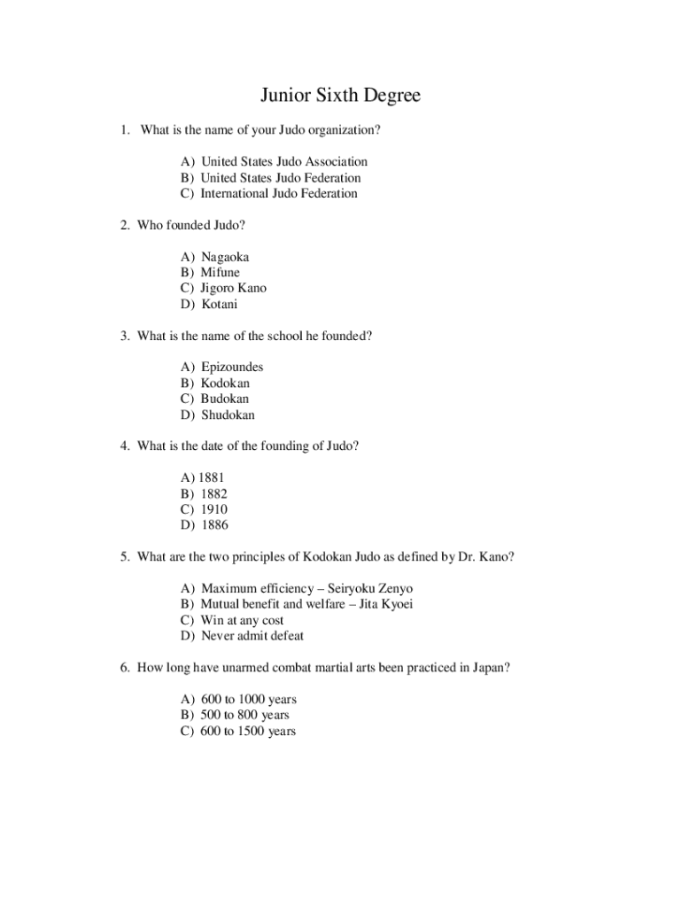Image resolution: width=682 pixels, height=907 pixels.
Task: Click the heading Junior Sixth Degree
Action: [340, 95]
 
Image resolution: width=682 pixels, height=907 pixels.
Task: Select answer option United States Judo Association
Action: [283, 161]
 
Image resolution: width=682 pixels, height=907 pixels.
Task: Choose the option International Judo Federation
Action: [279, 193]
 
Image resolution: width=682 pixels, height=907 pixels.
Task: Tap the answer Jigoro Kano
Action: [233, 288]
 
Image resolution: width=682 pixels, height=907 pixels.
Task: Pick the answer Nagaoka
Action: [225, 256]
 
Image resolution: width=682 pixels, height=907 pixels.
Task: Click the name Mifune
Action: [220, 272]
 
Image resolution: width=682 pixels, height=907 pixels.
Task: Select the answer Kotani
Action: [220, 304]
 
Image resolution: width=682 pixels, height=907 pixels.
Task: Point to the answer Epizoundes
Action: [232, 367]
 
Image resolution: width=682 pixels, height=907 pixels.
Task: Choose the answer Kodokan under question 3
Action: [225, 383]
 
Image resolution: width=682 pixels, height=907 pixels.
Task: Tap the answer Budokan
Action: [224, 399]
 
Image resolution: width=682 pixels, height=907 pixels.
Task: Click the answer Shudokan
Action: [228, 415]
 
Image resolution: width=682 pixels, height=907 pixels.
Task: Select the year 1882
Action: [214, 493]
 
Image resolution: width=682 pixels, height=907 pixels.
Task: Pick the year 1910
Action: [214, 509]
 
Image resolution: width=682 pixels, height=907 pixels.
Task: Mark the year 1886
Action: [214, 525]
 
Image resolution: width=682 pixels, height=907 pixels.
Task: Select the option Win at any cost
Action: [242, 620]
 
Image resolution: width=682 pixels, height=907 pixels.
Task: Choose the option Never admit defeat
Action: [252, 636]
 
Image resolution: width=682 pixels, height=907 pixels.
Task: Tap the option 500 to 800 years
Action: [245, 715]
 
